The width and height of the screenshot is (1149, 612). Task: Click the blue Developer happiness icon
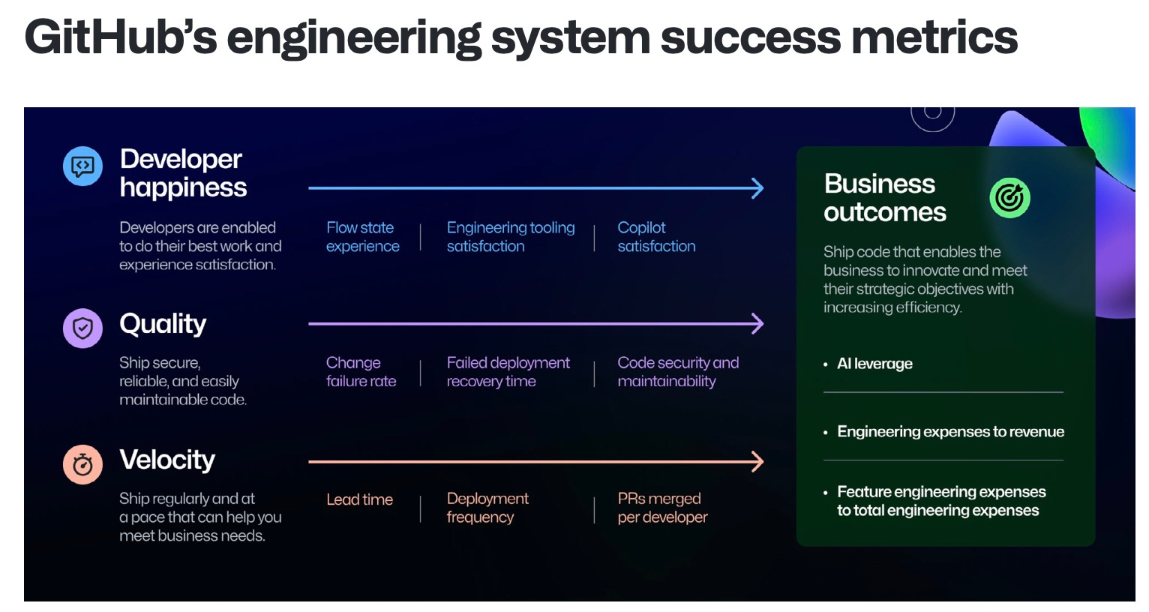(x=82, y=166)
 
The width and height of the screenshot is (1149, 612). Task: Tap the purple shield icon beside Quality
(x=82, y=328)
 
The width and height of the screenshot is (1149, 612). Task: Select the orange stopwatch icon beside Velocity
(x=82, y=465)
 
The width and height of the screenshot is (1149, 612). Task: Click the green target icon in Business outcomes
(x=1009, y=198)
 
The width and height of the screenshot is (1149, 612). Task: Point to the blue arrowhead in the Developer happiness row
(x=757, y=188)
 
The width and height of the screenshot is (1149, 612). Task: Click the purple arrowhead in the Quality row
(x=757, y=324)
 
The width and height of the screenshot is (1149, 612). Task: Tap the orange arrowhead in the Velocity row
(x=757, y=461)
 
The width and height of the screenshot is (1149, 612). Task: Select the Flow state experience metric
(x=362, y=237)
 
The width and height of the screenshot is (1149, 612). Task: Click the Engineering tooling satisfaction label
(x=511, y=237)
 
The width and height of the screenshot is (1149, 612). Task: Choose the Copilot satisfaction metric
(x=656, y=237)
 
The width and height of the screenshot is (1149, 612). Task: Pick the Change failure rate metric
(x=361, y=372)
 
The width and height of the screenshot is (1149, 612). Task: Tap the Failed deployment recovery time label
(x=508, y=372)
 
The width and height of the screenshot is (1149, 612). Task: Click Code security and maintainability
(x=678, y=372)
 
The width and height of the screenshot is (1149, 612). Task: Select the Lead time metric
(x=359, y=499)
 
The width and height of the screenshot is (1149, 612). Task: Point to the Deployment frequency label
(x=487, y=508)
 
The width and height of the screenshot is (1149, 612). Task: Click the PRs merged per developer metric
(x=662, y=508)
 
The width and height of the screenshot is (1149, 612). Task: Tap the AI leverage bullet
(x=874, y=364)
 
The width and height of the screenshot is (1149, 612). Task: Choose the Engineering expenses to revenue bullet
(x=950, y=431)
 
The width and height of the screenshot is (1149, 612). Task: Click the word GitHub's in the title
(x=120, y=37)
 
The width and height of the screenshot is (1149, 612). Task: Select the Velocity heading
(x=167, y=460)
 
